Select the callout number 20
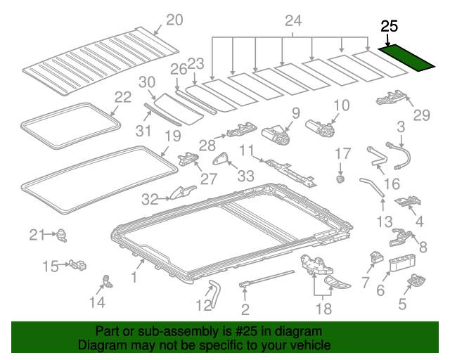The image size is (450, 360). [x=174, y=20]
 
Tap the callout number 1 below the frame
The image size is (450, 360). [x=133, y=277]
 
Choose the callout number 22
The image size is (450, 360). [x=123, y=97]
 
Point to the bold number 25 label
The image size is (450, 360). [x=389, y=27]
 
